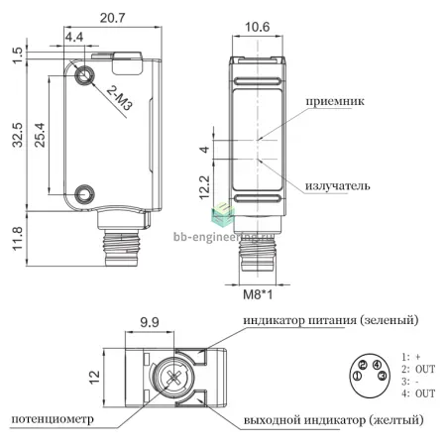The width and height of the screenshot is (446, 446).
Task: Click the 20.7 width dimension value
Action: tap(113, 18)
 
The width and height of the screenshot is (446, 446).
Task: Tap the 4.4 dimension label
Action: tap(74, 37)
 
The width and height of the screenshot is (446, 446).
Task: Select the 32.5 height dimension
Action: tap(18, 135)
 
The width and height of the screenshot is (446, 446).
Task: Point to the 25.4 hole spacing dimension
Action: tap(40, 135)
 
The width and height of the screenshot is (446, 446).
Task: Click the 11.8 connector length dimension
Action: tap(18, 239)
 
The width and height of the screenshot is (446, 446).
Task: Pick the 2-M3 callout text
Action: tap(120, 98)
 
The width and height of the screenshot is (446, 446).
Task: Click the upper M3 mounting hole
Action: tap(85, 75)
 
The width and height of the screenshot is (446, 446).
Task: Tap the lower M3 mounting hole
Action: tap(85, 194)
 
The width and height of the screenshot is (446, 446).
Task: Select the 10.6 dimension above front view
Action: tap(257, 27)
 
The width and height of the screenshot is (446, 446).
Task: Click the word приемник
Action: tap(335, 101)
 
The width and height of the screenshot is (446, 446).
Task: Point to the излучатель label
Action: tap(337, 185)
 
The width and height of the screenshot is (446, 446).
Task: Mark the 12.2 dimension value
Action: tap(205, 187)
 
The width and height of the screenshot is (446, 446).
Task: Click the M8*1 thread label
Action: tap(258, 294)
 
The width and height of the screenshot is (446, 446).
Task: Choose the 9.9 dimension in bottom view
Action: tap(150, 322)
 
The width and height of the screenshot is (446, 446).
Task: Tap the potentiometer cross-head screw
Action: tap(173, 377)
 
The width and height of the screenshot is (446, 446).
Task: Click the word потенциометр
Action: tap(53, 419)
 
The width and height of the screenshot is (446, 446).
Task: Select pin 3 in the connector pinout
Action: tap(383, 376)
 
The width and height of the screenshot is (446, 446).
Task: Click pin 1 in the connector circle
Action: tap(358, 376)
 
